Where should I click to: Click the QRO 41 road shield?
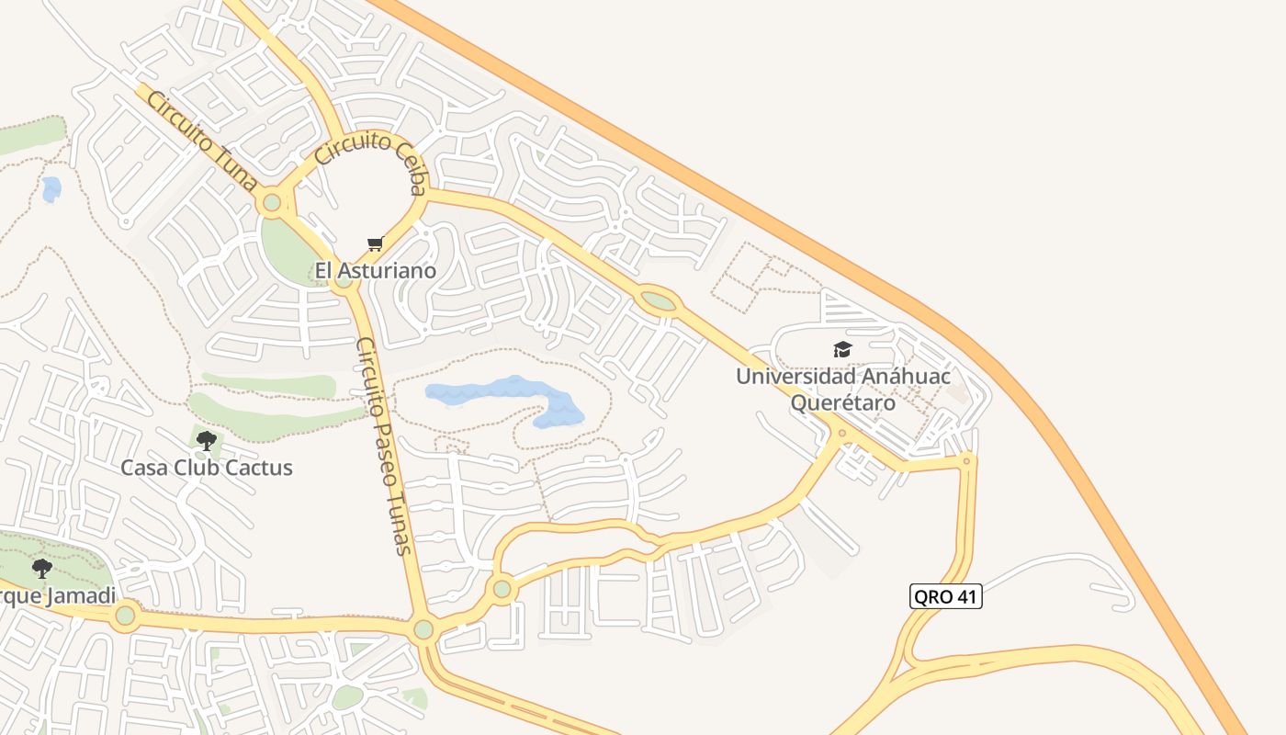point(946,596)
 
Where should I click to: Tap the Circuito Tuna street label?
point(200,141)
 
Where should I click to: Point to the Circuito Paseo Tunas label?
point(383,446)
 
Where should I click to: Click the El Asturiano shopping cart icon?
point(375,243)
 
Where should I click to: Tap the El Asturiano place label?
point(375,270)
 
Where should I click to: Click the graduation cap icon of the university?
point(842,349)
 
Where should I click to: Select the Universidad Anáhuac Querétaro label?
point(842,389)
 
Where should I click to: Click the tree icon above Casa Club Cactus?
point(207,440)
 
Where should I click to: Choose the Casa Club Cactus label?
point(207,468)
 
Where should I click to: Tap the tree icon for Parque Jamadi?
point(42,568)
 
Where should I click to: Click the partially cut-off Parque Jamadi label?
point(57,596)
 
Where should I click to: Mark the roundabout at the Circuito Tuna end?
point(271,202)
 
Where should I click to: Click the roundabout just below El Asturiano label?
point(344,280)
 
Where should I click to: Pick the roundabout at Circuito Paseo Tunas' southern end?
point(423,629)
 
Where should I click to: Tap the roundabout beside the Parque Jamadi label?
point(125,615)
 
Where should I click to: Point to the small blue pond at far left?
point(51,189)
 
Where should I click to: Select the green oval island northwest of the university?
point(658,300)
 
